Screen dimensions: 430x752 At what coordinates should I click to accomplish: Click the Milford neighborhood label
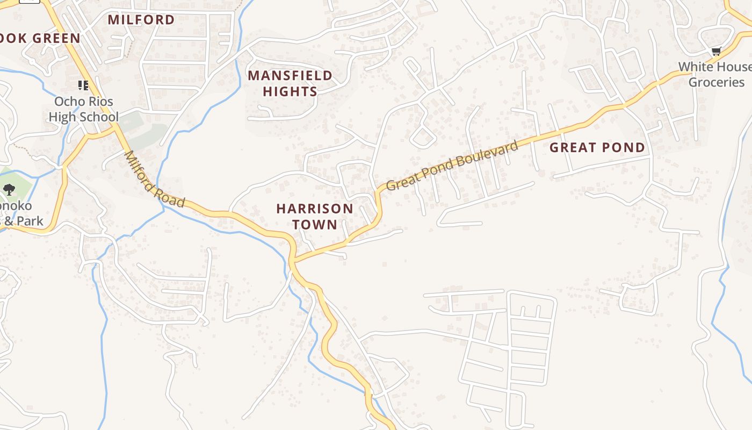coord(141,20)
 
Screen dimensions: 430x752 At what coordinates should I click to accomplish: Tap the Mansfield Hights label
coord(290,83)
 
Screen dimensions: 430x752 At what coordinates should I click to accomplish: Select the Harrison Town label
coord(315,216)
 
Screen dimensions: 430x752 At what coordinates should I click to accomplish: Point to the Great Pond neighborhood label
coord(597,147)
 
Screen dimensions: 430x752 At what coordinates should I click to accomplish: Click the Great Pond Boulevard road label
coord(453,165)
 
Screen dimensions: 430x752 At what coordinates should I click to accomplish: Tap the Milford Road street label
coord(155,180)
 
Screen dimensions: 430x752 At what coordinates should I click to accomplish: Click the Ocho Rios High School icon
coord(83,85)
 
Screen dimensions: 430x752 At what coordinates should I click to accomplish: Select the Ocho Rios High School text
coord(83,109)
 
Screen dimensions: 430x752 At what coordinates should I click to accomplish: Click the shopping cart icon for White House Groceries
coord(715,52)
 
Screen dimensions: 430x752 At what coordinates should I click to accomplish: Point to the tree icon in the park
coord(9,189)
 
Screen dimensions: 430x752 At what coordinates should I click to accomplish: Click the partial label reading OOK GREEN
coord(41,38)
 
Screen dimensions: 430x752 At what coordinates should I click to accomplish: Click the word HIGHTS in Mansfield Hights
coord(290,91)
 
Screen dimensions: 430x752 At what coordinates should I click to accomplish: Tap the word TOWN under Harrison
coord(315,224)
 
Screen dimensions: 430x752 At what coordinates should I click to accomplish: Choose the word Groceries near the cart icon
coord(716,82)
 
